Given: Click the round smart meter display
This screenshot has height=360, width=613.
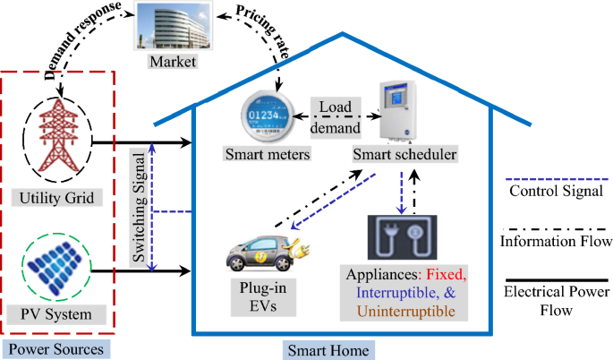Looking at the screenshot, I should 274,115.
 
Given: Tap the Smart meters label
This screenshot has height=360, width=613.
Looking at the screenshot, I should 268,154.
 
